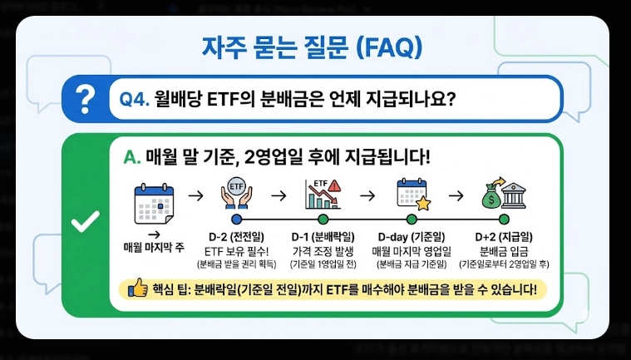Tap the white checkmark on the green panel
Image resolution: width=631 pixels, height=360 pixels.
pyautogui.click(x=86, y=222)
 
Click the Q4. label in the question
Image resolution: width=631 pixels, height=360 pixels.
pyautogui.click(x=134, y=100)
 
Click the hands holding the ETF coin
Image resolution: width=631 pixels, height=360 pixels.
pyautogui.click(x=236, y=193)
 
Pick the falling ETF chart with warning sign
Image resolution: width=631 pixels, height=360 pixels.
pyautogui.click(x=321, y=193)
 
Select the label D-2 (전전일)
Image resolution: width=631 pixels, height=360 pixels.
pyautogui.click(x=237, y=236)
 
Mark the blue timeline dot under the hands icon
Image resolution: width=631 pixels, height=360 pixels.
pyautogui.click(x=237, y=219)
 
